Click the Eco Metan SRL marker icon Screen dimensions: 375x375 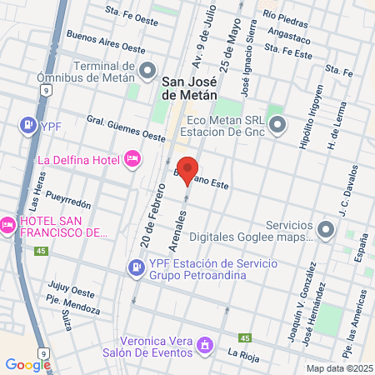(x=277, y=126)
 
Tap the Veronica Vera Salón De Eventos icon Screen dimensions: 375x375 (x=205, y=344)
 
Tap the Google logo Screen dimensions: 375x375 (x=27, y=364)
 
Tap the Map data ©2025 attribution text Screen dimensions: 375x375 (x=337, y=368)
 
